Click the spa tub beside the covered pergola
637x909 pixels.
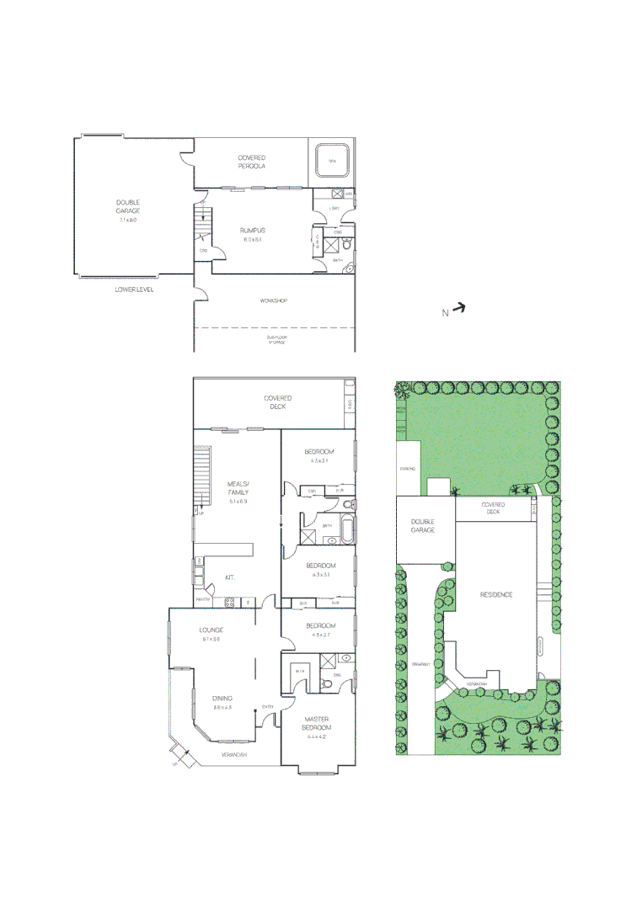coord(331,161)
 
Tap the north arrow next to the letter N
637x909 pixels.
coord(458,309)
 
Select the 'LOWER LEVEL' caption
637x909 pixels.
coord(135,290)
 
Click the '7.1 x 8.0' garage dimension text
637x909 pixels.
coord(128,220)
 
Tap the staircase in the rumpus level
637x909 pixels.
coord(201,226)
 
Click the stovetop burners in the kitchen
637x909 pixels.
coord(227,602)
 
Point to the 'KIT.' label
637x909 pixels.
coord(228,577)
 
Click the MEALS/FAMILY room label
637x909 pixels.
coord(237,488)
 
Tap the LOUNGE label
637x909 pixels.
coord(211,630)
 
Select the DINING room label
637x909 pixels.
coord(222,698)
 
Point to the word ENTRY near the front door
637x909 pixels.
coord(267,706)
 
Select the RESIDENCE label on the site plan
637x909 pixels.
coord(496,594)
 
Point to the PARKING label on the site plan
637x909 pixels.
coord(408,469)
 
